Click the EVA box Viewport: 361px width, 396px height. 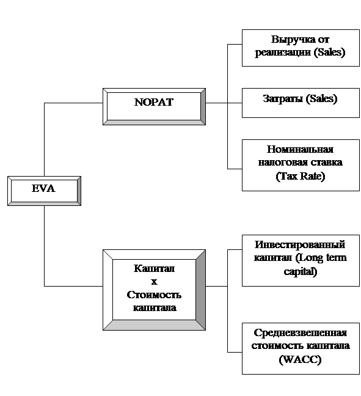click(x=44, y=191)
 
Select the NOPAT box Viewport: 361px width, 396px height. click(x=154, y=106)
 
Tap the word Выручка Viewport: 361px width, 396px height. click(x=290, y=40)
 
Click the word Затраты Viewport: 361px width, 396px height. click(x=283, y=99)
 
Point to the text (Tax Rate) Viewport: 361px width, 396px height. click(x=300, y=176)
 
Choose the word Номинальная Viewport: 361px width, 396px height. click(x=300, y=149)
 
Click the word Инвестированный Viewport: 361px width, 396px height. click(x=300, y=244)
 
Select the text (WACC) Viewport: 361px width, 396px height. click(x=300, y=359)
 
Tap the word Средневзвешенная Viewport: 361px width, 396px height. click(x=300, y=332)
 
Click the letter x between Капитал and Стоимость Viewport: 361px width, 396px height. click(x=154, y=282)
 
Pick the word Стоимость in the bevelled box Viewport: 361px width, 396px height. click(x=154, y=295)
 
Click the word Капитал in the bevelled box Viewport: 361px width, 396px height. click(x=154, y=268)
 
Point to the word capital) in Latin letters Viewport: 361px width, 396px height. click(x=300, y=272)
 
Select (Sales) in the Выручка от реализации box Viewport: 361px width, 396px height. click(x=329, y=53)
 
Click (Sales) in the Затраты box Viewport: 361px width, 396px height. click(x=321, y=99)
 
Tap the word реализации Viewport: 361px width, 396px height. click(x=283, y=53)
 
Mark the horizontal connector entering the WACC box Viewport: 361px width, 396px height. click(x=235, y=352)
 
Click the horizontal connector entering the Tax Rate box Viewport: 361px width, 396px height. click(x=235, y=169)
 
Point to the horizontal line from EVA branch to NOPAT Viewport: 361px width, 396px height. click(x=73, y=103)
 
